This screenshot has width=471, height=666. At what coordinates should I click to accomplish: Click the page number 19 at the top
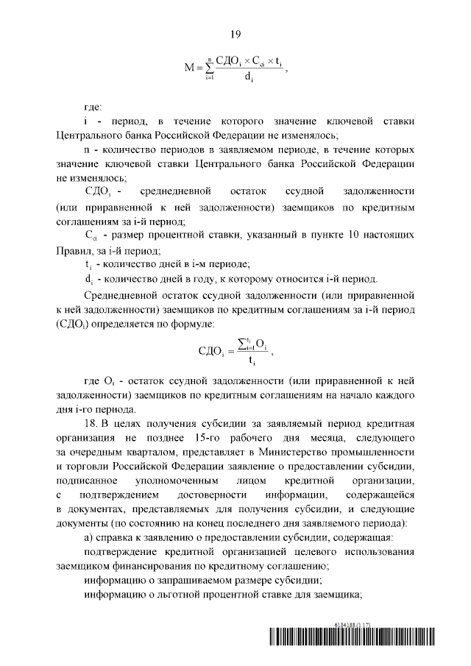point(235,34)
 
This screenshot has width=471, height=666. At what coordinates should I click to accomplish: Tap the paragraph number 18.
point(92,425)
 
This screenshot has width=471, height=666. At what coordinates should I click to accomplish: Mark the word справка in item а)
point(116,536)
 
